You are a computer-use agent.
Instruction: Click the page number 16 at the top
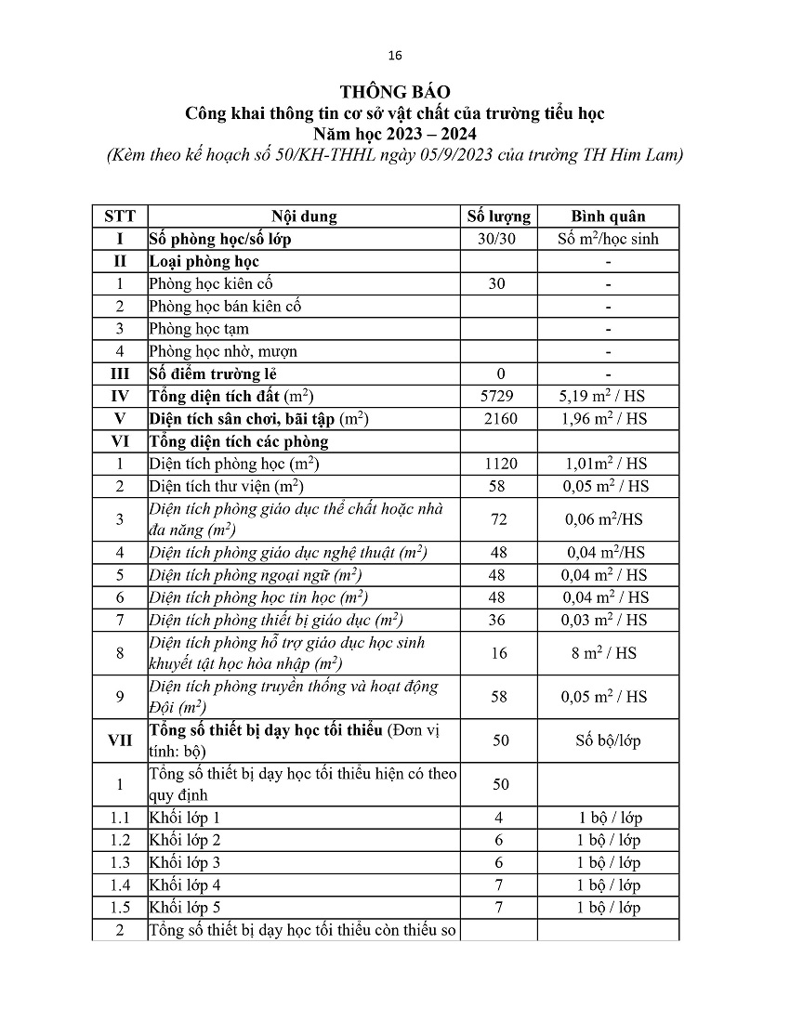pyautogui.click(x=395, y=56)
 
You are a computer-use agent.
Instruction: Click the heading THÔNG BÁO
pyautogui.click(x=395, y=91)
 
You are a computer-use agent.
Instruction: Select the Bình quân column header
pyautogui.click(x=608, y=216)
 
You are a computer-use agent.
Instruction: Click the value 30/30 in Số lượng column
pyautogui.click(x=498, y=239)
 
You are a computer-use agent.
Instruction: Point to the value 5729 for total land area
pyautogui.click(x=498, y=396)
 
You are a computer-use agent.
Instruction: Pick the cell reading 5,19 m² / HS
pyautogui.click(x=608, y=396)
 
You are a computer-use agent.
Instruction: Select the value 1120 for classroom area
pyautogui.click(x=499, y=464)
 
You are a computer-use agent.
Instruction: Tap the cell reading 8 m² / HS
pyautogui.click(x=608, y=653)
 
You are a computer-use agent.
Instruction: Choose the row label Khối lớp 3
pyautogui.click(x=185, y=863)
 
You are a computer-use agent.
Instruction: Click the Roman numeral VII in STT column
pyautogui.click(x=120, y=740)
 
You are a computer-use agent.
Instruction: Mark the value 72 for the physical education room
pyautogui.click(x=499, y=519)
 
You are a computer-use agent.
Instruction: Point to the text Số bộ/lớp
pyautogui.click(x=608, y=740)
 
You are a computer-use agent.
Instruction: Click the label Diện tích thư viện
pyautogui.click(x=227, y=486)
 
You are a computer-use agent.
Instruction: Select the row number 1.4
pyautogui.click(x=120, y=885)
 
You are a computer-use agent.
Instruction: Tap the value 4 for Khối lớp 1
pyautogui.click(x=499, y=819)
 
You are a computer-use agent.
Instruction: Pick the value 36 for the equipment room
pyautogui.click(x=499, y=620)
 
